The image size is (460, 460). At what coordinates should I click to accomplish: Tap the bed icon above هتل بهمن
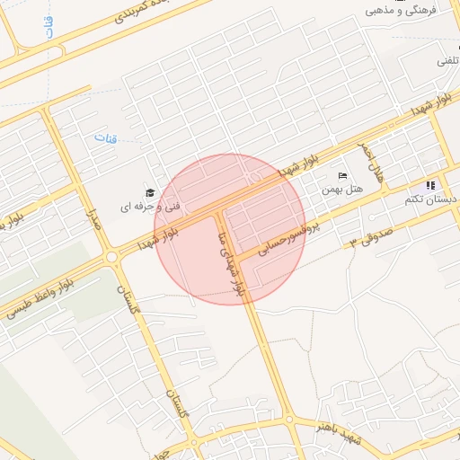pos(341,175)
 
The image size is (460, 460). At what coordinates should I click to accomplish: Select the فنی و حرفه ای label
pos(150,206)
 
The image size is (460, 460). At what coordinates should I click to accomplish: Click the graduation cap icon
pos(150,191)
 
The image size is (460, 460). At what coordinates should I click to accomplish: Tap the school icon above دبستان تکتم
pos(430,185)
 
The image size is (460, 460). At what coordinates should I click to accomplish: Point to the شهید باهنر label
pos(336,432)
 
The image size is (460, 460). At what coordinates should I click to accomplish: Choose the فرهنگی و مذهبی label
pos(415,10)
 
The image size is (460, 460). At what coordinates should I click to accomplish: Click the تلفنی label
pos(447,60)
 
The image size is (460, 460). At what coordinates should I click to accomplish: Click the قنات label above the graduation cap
pos(106,138)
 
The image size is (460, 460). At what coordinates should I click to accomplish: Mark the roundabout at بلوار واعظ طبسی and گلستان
pos(112,258)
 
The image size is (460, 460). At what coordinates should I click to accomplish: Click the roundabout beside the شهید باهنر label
pos(290,419)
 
